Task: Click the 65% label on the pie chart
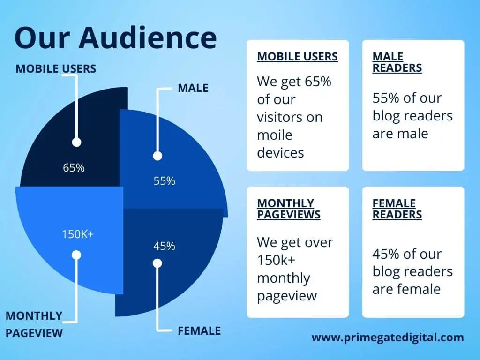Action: pos(74,168)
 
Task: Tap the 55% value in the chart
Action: pos(165,181)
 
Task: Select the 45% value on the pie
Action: pos(165,246)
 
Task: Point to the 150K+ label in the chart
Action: pos(78,234)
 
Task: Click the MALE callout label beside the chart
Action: pos(193,88)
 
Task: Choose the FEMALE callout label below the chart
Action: pos(199,331)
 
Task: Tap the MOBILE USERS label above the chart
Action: pos(56,68)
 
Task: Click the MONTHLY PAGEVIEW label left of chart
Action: pos(34,324)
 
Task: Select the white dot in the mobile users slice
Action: pos(76,142)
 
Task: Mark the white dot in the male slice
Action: pos(157,156)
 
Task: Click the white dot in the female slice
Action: pos(157,263)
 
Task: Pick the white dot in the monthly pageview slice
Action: pos(76,255)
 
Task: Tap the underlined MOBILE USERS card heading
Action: pos(298,57)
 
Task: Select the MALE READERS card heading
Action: pos(397,62)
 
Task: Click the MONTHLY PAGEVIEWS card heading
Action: pos(289,209)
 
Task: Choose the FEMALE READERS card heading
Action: pos(397,209)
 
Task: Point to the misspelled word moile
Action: pos(275,135)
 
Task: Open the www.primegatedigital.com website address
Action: pos(388,337)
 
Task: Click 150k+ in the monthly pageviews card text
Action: pos(276,260)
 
